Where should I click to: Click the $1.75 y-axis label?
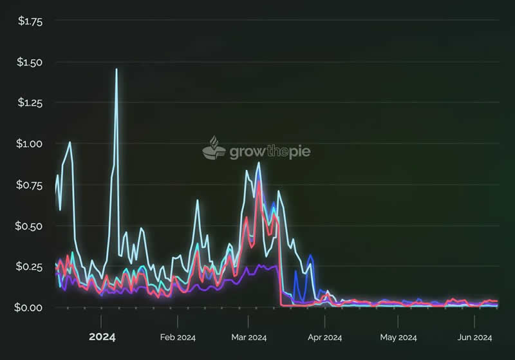pyautogui.click(x=29, y=21)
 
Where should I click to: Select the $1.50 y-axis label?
pyautogui.click(x=29, y=62)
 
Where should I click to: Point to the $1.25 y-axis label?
pyautogui.click(x=29, y=103)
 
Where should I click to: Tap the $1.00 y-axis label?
pyautogui.click(x=29, y=144)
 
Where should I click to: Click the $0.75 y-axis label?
pyautogui.click(x=29, y=185)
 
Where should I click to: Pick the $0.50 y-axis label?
pyautogui.click(x=29, y=225)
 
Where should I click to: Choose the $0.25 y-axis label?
pyautogui.click(x=29, y=267)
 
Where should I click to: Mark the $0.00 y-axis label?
pyautogui.click(x=29, y=307)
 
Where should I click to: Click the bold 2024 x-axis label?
pyautogui.click(x=102, y=337)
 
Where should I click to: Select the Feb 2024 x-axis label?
pyautogui.click(x=178, y=337)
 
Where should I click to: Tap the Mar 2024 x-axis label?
pyautogui.click(x=248, y=337)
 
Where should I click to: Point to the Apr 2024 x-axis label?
pyautogui.click(x=324, y=337)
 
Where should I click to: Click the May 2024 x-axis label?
pyautogui.click(x=398, y=337)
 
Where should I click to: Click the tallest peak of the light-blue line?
pyautogui.click(x=117, y=70)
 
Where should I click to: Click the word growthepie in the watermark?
pyautogui.click(x=266, y=152)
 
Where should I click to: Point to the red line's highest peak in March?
pyautogui.click(x=259, y=182)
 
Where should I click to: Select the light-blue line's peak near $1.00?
pyautogui.click(x=70, y=142)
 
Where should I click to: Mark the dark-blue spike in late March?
pyautogui.click(x=310, y=256)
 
